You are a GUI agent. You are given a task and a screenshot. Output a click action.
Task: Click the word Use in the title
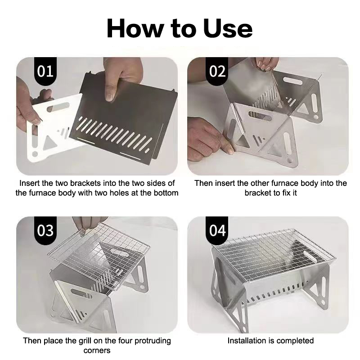click(228, 29)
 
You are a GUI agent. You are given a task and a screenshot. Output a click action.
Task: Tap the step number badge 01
click(45, 72)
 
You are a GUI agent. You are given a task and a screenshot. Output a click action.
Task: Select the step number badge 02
click(217, 72)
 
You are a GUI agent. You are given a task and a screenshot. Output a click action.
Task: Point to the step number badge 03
click(45, 230)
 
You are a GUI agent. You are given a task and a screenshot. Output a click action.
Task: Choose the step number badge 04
click(217, 230)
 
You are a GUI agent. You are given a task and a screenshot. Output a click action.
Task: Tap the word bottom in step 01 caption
click(166, 193)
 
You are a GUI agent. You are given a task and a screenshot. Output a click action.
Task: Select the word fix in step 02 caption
click(286, 193)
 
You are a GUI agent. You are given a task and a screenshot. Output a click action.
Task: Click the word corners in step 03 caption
click(97, 351)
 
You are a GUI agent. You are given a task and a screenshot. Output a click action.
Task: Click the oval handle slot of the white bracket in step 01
click(58, 107)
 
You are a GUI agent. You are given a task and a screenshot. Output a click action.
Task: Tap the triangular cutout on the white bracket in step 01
click(49, 143)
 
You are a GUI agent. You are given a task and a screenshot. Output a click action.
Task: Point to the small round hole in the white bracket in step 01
click(35, 154)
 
